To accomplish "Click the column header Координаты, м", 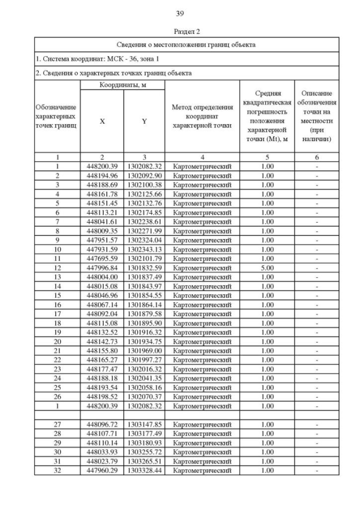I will pos(122,84).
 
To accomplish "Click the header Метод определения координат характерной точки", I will pos(202,116).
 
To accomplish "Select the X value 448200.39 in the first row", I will pos(102,166).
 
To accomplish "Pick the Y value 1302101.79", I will pos(144,259).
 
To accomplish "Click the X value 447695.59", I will pos(102,259).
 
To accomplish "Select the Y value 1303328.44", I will pos(144,470).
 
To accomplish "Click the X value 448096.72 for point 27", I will pos(102,424).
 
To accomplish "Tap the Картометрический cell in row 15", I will pos(202,295).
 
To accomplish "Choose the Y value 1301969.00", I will pos(144,350).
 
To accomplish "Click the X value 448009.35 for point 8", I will pos(102,231).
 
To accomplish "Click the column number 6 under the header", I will pos(317,157).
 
